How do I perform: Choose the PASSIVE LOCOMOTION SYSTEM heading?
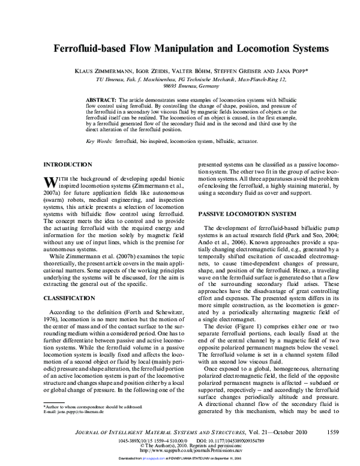tap(247, 214)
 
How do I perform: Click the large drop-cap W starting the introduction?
tap(50, 181)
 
